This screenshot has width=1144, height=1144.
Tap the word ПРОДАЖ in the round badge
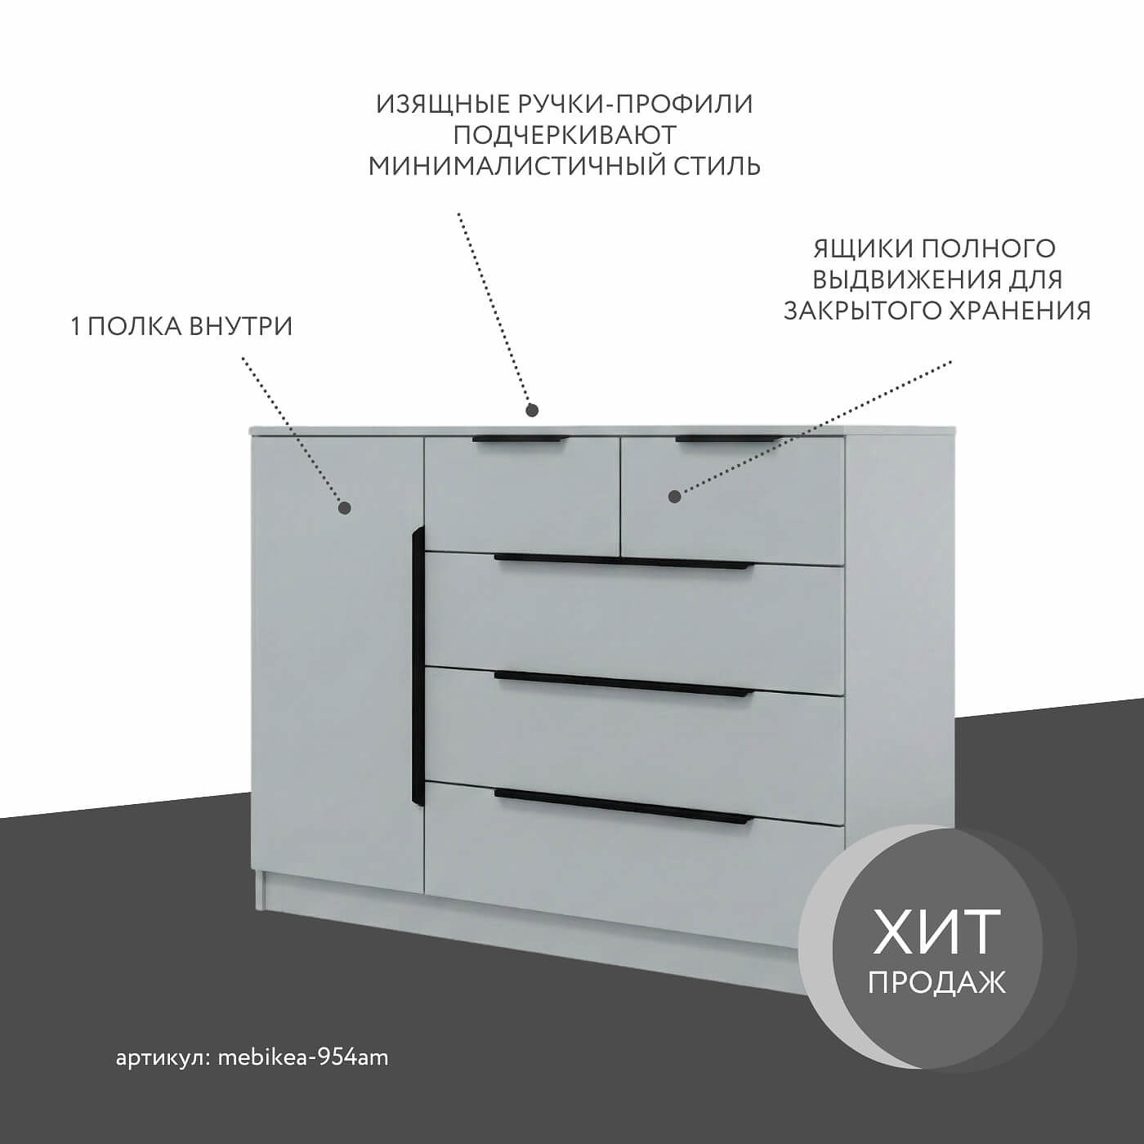[936, 994]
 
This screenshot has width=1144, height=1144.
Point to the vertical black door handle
[418, 667]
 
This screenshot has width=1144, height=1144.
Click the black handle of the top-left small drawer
[520, 440]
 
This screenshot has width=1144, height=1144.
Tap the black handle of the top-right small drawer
[728, 440]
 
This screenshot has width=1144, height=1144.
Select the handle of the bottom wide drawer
[623, 807]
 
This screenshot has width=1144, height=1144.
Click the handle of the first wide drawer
[623, 561]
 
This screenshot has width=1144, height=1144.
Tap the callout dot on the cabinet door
[344, 507]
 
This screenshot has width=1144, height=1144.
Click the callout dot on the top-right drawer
[674, 496]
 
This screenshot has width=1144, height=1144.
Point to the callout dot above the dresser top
[533, 409]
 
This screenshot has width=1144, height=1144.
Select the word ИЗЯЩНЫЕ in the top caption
[444, 105]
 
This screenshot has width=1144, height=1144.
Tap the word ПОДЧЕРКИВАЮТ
[565, 136]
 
